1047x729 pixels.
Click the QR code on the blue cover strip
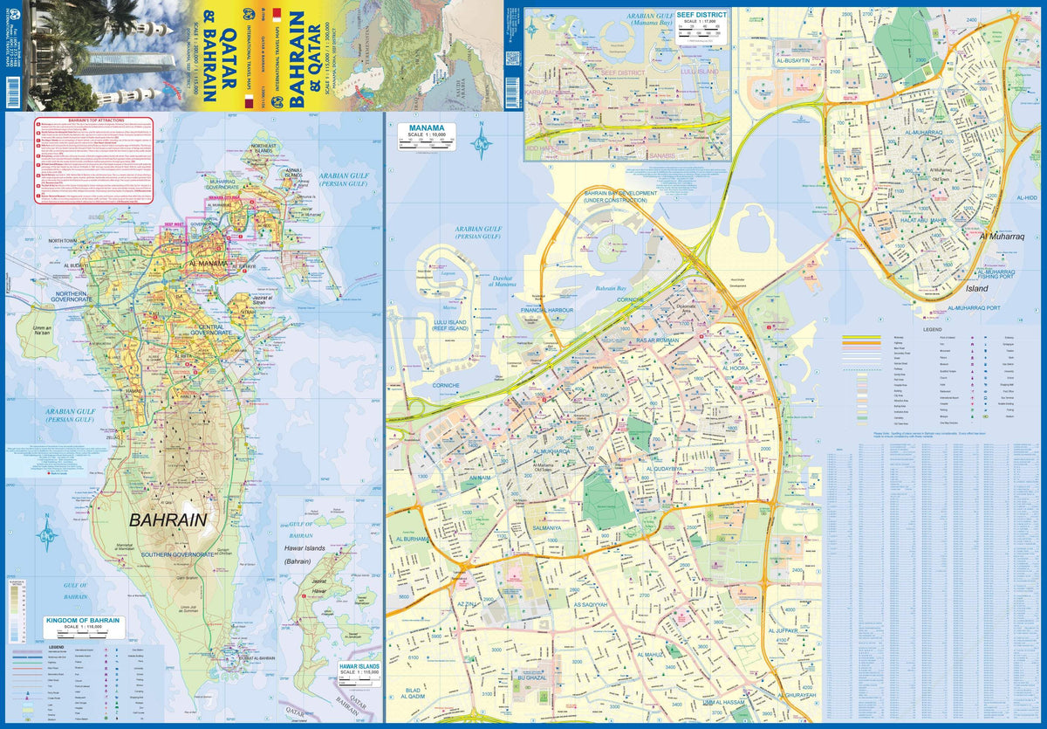[512, 58]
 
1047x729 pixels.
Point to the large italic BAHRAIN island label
[168, 519]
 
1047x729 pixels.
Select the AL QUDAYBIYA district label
[670, 469]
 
